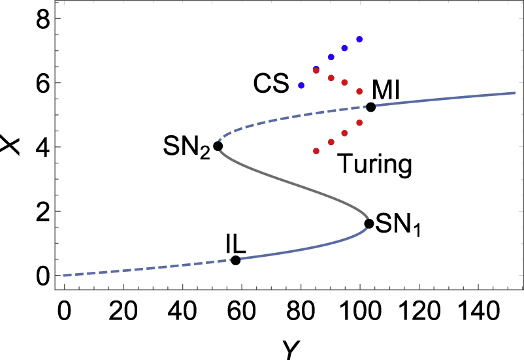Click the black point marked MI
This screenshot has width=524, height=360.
click(x=370, y=107)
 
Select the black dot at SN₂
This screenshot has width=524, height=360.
click(x=218, y=146)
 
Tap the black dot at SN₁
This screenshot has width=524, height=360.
click(x=368, y=223)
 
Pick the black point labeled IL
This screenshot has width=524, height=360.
click(x=236, y=260)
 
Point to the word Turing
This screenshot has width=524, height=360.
click(x=375, y=165)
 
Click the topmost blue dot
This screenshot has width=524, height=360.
click(x=359, y=39)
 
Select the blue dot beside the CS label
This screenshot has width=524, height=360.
click(x=301, y=86)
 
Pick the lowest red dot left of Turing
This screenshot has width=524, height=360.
click(x=316, y=151)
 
